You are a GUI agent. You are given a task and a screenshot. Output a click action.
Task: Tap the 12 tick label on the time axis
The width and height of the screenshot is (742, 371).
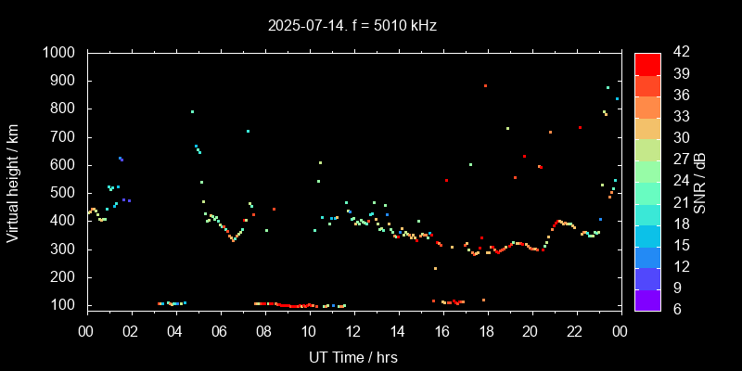(x=353, y=329)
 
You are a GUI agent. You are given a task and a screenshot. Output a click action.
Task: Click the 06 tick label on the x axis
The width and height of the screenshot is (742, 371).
(x=220, y=329)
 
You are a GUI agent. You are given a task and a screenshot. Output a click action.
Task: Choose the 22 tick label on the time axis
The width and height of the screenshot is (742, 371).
(x=575, y=329)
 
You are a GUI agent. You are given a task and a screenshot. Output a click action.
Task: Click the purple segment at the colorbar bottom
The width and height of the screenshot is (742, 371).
(x=647, y=300)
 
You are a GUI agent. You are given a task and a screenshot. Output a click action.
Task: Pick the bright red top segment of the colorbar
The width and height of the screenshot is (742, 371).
(x=647, y=63)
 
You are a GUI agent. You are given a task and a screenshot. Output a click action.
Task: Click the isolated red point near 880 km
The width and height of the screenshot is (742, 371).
(x=485, y=85)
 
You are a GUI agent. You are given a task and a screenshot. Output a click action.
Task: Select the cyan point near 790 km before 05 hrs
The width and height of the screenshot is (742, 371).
(x=192, y=111)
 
